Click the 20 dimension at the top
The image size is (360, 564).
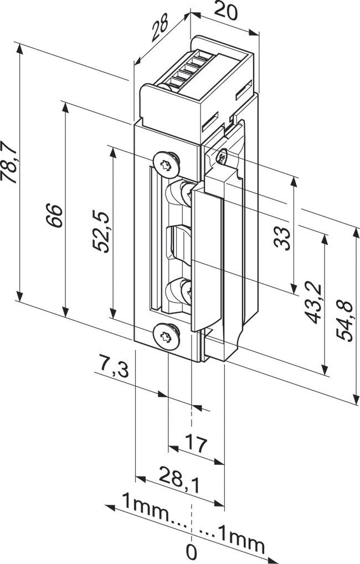pos(226,12)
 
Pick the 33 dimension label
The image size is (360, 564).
pos(283,238)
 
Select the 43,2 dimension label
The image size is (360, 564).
pos(313,302)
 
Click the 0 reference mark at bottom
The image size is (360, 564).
pos(191,552)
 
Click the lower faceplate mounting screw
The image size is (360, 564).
pos(166,335)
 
